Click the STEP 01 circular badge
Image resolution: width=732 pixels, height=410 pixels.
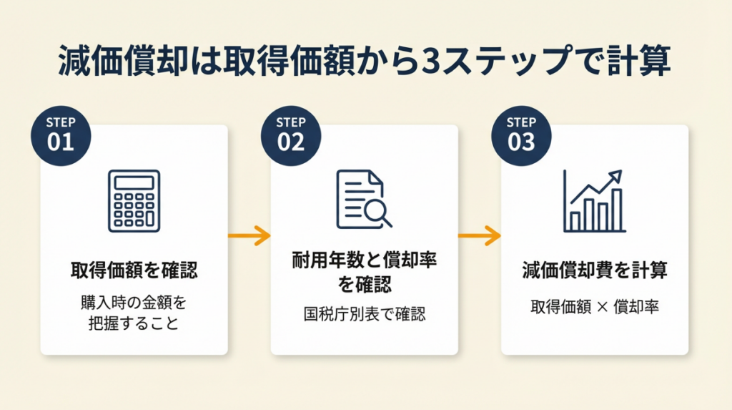pos(61,133)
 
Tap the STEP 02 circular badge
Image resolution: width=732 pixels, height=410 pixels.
pos(291,133)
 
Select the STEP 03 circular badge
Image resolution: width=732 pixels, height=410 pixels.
pos(521,133)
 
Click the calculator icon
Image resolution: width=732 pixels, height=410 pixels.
pos(134,200)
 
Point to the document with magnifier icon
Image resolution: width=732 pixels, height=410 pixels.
pos(363,200)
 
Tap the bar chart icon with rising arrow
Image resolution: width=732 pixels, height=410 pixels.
pos(594,201)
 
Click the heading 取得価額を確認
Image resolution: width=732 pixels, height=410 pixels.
pos(134,270)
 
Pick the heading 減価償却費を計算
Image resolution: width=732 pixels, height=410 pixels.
pos(594,270)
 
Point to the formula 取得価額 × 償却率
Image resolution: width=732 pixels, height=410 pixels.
pos(594,307)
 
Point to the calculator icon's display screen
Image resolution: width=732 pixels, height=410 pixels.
pos(134,182)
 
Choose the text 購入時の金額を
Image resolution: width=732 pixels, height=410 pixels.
pos(134,303)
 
